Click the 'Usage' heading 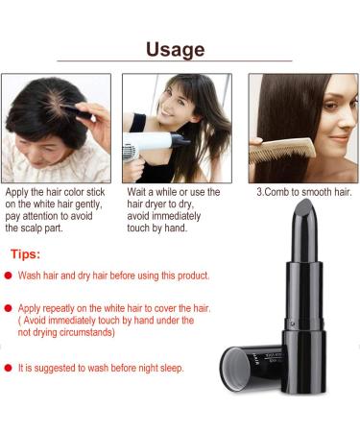pyautogui.click(x=175, y=49)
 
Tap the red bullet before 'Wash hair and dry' pyautogui.click(x=8, y=276)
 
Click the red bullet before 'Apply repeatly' pyautogui.click(x=8, y=308)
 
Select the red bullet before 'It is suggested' pyautogui.click(x=8, y=368)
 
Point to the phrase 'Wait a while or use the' pyautogui.click(x=173, y=192)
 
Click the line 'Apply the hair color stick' pyautogui.click(x=57, y=192)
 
